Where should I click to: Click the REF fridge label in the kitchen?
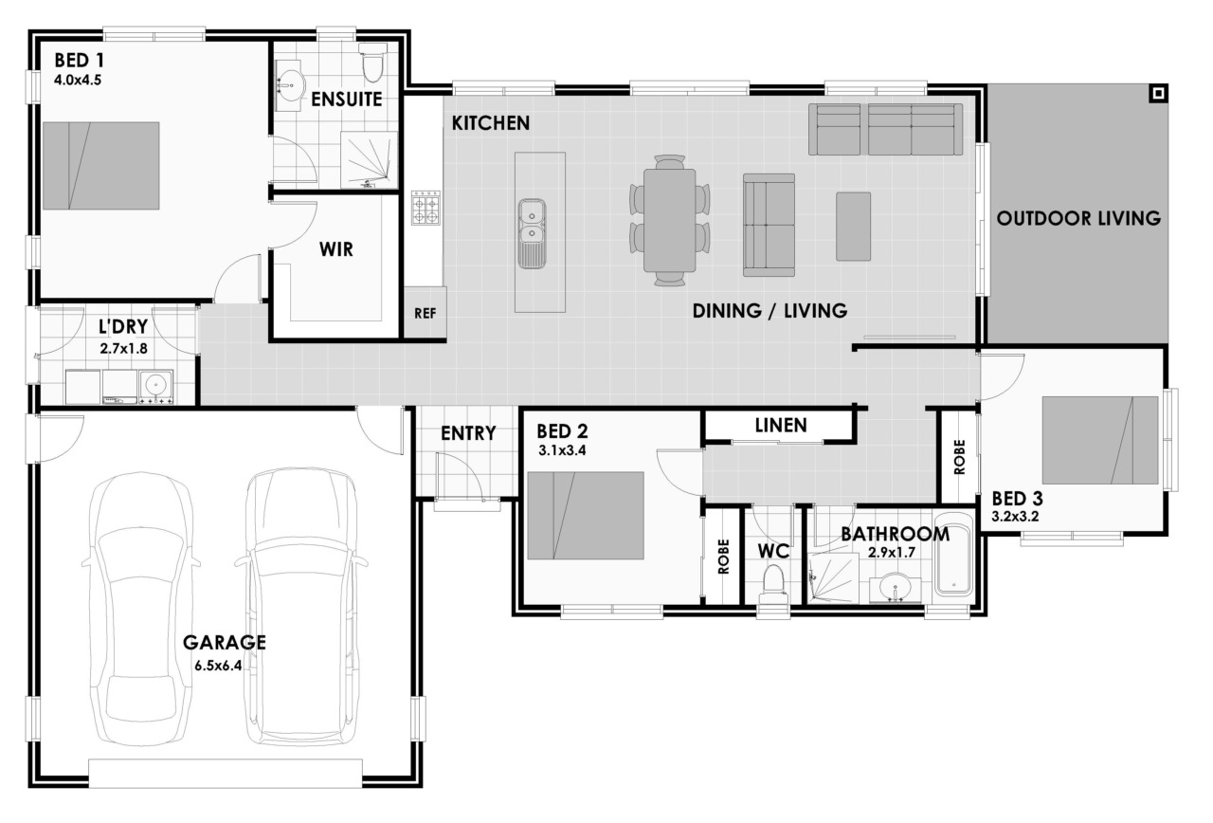click(425, 313)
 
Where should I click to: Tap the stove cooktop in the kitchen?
click(425, 208)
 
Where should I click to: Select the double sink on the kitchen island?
click(532, 233)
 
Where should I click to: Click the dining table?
click(669, 221)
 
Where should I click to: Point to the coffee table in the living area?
click(854, 227)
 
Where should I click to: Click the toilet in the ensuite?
click(372, 64)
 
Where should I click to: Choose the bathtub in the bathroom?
click(954, 554)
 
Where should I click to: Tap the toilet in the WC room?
click(773, 584)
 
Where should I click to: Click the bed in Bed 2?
click(586, 515)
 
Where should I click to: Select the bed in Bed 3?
click(1100, 440)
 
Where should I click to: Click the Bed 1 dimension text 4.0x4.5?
click(78, 81)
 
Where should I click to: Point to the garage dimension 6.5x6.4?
click(218, 666)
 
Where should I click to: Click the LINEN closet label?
click(781, 426)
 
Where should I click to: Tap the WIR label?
click(336, 249)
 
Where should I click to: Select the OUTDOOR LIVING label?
click(1078, 218)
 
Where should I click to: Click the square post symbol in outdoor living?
click(1158, 94)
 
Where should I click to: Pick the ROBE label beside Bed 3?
click(960, 457)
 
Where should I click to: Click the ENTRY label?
click(468, 433)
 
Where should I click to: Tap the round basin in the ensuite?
click(291, 85)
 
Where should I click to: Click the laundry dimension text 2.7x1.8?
click(123, 348)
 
